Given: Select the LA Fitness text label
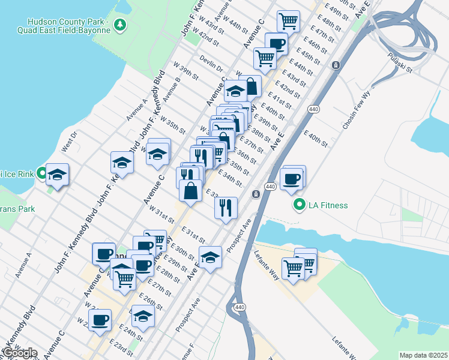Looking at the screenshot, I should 328,206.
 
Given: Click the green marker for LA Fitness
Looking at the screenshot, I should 298,206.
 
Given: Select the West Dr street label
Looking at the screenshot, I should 70,143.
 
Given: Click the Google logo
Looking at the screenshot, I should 19,352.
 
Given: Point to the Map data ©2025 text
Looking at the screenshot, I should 423,355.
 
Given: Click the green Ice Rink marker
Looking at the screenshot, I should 41,174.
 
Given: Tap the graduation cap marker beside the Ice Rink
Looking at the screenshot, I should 58,175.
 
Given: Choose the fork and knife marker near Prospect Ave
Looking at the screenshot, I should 226,208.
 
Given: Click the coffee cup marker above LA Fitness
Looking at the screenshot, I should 292,178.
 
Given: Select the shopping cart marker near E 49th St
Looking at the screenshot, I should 288,21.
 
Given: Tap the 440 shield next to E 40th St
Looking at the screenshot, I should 313,109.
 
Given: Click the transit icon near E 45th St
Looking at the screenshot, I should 336,65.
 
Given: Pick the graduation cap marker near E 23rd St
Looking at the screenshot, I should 143,316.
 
